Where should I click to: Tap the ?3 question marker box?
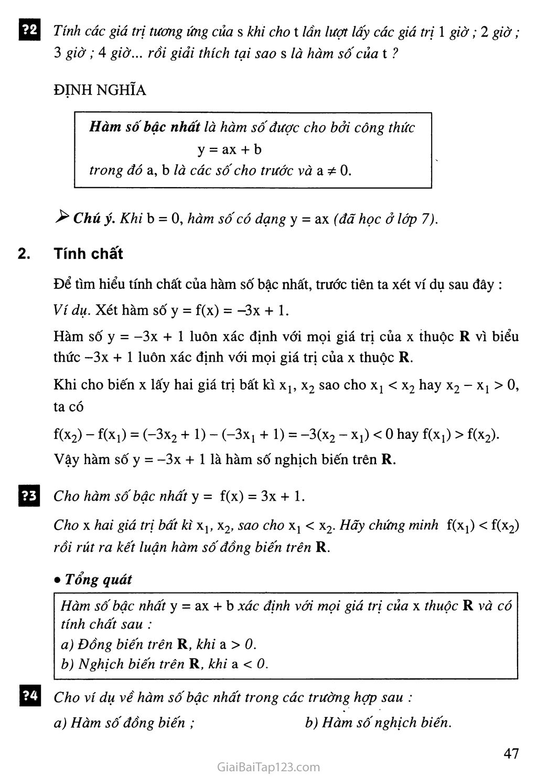point(29,495)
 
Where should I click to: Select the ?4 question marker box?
point(29,696)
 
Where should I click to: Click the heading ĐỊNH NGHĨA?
point(100,90)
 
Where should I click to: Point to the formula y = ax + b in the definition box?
point(229,149)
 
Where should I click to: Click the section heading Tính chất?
point(88,254)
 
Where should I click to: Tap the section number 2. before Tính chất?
point(24,254)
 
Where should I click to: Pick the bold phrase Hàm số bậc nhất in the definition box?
point(144,127)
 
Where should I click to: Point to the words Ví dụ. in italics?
point(72,310)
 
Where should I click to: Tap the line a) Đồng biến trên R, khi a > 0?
point(158,644)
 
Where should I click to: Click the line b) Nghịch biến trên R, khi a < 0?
point(164,664)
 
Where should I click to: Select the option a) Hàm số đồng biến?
point(124,722)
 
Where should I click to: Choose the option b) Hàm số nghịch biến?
point(378,722)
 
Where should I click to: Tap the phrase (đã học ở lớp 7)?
point(385,219)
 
